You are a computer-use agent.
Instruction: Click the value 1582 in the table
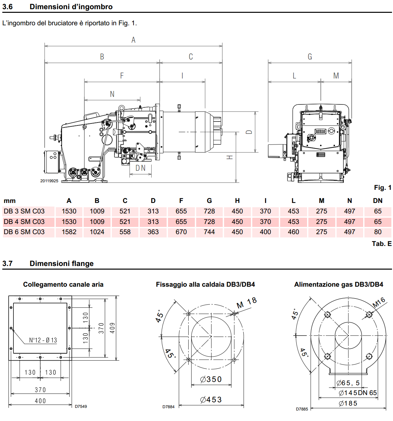(69, 232)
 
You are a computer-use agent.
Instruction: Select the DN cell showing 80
(378, 232)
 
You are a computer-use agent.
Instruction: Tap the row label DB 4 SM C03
(24, 222)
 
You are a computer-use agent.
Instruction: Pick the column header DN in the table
(378, 201)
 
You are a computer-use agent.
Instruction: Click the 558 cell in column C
(125, 232)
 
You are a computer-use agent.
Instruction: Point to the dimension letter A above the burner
(134, 40)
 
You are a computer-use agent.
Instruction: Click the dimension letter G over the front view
(310, 57)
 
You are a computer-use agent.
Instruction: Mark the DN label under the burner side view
(140, 168)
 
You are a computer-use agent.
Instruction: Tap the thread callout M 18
(247, 303)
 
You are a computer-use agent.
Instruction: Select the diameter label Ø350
(211, 379)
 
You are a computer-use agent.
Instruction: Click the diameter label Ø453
(211, 400)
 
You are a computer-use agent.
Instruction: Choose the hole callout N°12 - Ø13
(43, 340)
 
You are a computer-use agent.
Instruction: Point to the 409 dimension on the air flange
(113, 328)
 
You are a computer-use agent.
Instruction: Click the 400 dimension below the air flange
(40, 401)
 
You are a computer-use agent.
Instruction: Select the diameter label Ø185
(348, 403)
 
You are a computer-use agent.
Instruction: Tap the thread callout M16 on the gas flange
(379, 302)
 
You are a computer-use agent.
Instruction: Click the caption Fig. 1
(383, 188)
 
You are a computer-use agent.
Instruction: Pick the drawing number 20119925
(49, 181)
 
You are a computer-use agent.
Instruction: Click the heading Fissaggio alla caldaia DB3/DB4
(205, 284)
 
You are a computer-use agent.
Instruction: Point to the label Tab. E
(382, 244)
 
